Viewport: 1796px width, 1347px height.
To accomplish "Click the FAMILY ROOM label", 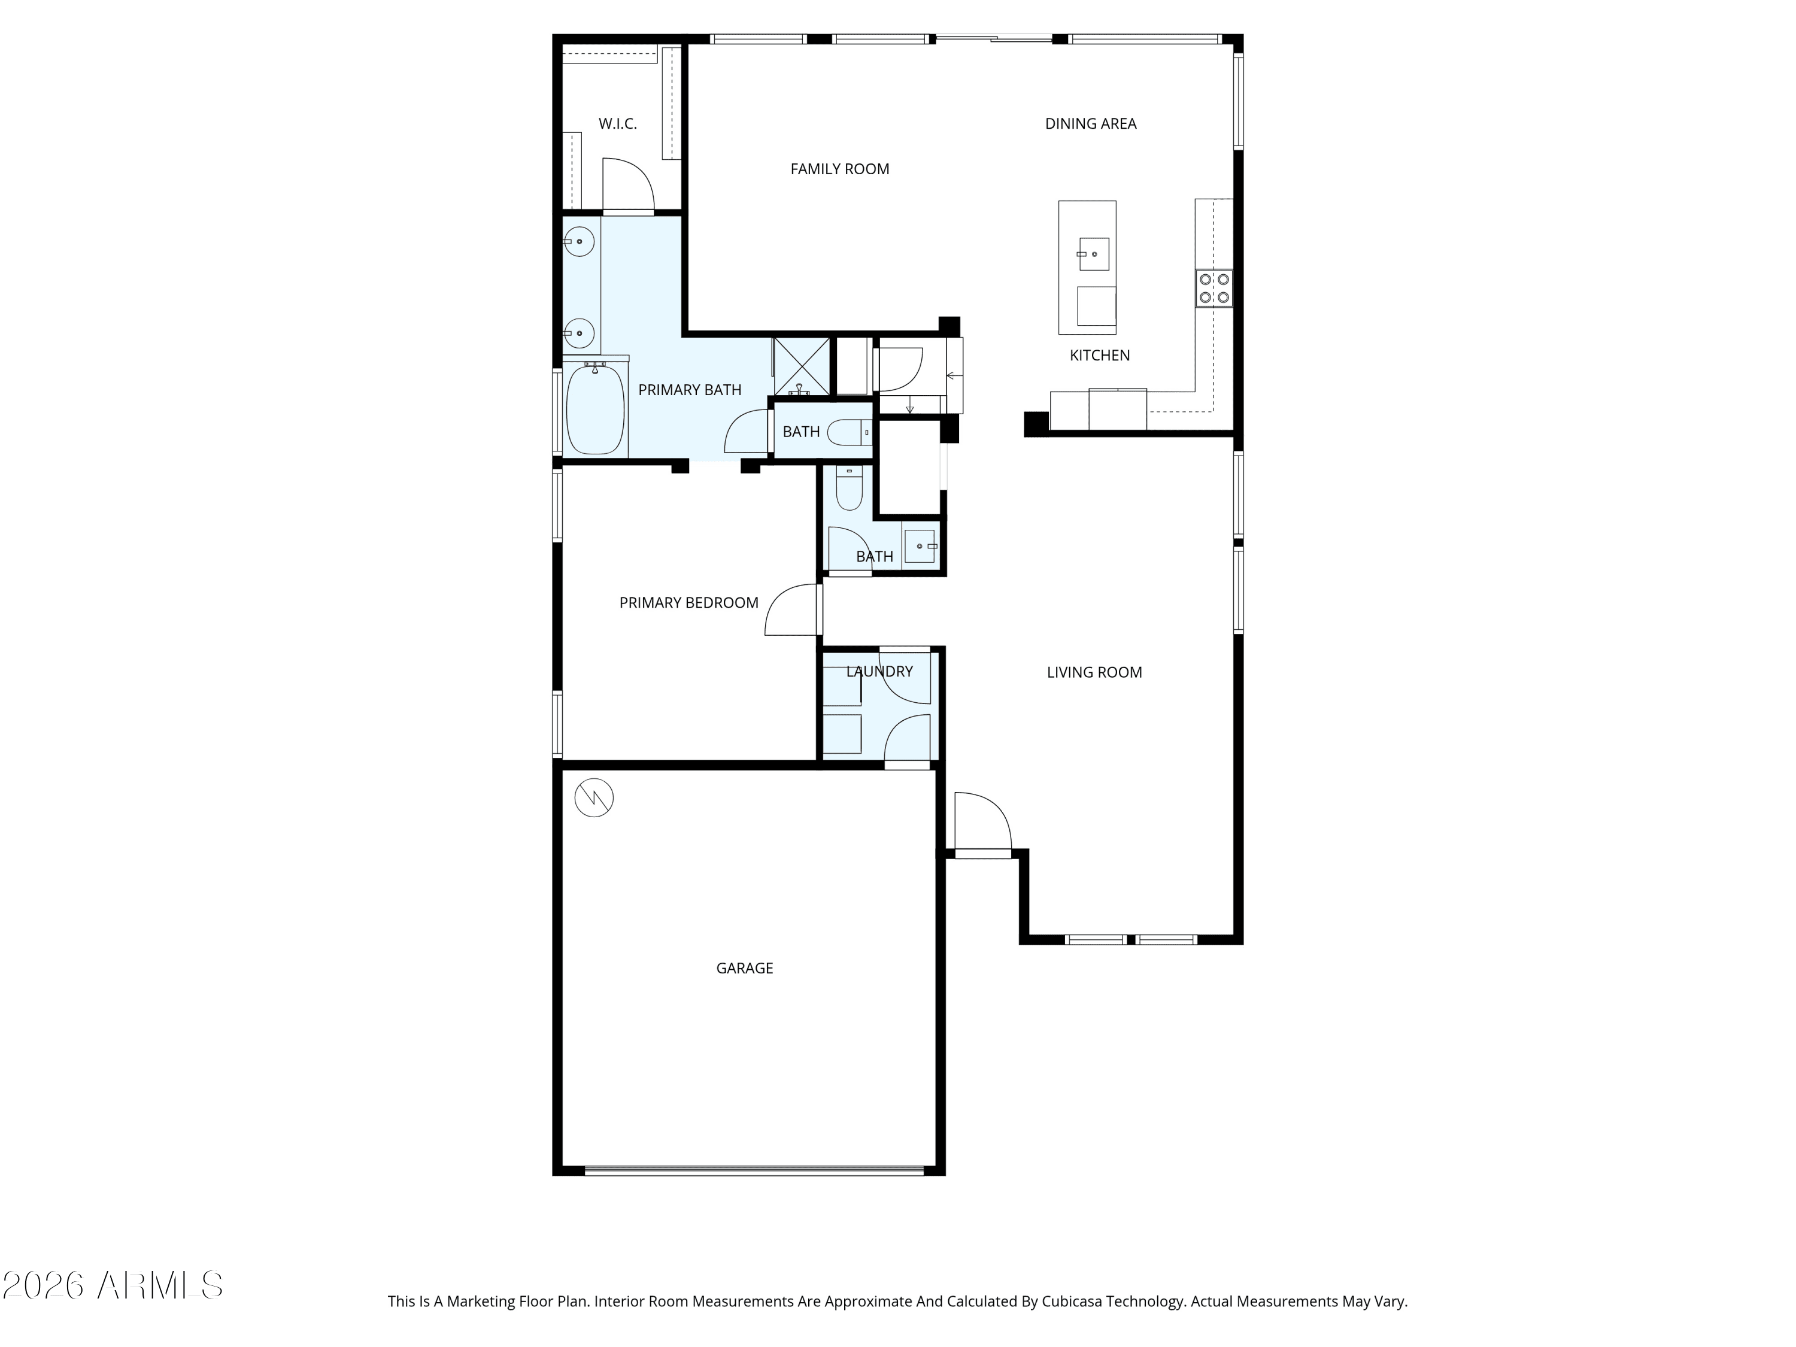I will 839,169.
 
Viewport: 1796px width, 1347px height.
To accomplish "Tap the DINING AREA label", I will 1090,123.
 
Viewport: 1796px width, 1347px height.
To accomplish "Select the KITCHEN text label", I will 1099,355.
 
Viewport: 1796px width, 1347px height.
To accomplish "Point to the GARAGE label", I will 744,968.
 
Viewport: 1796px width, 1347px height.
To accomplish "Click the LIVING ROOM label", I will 1094,672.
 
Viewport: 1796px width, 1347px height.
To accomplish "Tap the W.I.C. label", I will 617,123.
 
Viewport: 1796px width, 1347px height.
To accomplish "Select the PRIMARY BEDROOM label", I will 688,602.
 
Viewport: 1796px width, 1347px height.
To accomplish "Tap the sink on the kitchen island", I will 1094,254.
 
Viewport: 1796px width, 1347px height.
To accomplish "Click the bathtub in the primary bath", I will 595,410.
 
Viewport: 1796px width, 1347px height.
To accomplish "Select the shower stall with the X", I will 800,366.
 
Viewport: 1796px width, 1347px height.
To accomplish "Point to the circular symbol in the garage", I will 593,798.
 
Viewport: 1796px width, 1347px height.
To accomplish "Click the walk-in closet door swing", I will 627,185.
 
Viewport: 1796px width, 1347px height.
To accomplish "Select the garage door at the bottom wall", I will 754,1170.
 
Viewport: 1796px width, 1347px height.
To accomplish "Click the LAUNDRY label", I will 879,672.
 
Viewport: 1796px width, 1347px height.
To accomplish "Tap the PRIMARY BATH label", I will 689,390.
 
